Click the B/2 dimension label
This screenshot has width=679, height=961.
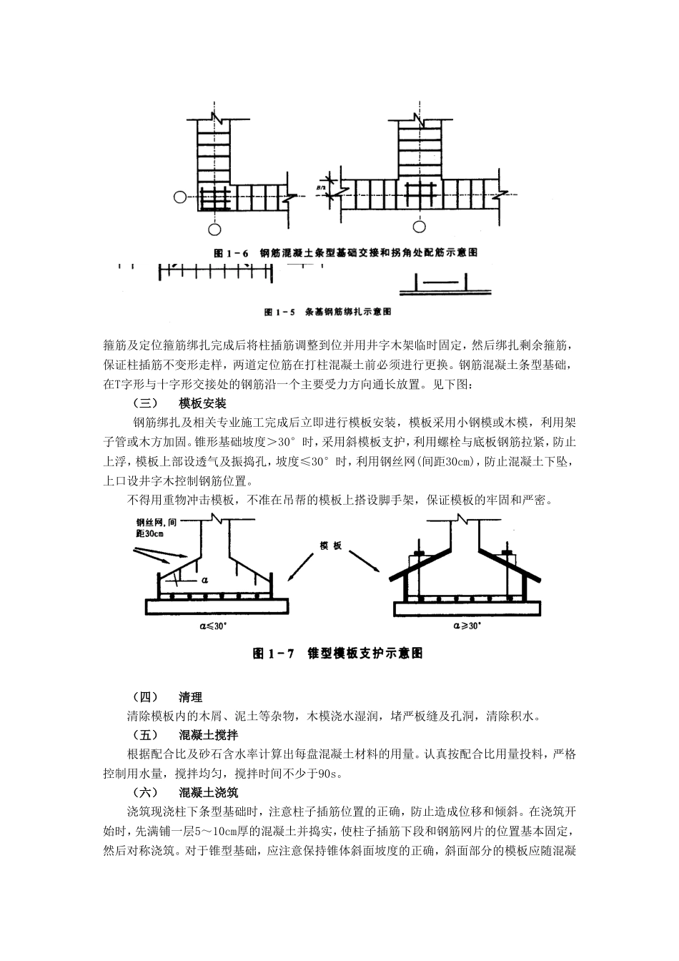(x=321, y=188)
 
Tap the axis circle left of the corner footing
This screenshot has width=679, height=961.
(x=181, y=196)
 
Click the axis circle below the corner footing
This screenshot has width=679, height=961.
(x=214, y=228)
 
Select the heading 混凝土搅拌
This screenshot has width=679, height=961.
(x=209, y=735)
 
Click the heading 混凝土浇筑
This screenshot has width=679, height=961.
(x=209, y=792)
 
